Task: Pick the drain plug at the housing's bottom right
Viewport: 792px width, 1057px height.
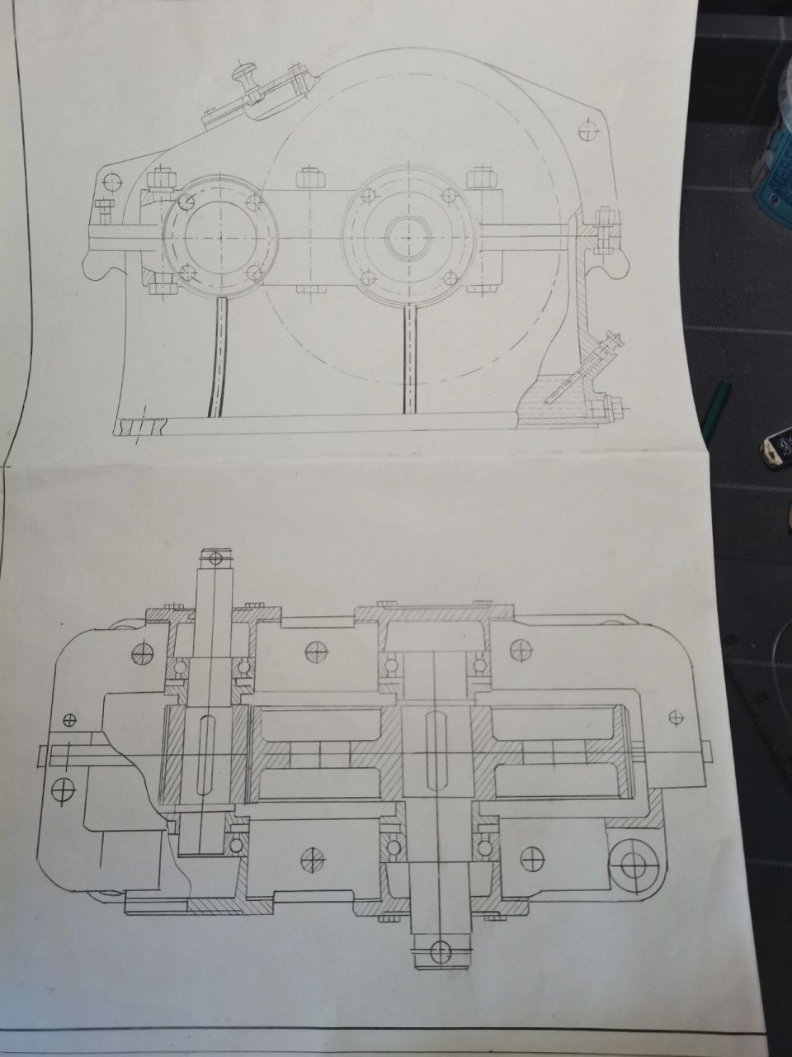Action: [615, 405]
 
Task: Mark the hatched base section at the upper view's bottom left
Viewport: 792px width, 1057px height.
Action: [142, 427]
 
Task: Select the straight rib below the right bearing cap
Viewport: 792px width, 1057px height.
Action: [408, 355]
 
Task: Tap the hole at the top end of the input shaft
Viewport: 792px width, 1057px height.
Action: [216, 558]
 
